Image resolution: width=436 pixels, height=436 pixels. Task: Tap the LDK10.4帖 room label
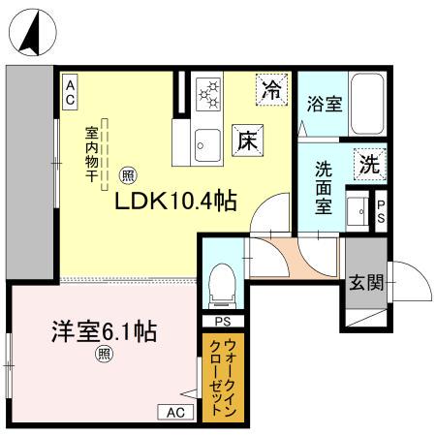(177, 201)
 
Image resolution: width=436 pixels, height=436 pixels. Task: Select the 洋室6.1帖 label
(105, 330)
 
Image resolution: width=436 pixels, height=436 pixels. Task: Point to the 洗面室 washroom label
(323, 185)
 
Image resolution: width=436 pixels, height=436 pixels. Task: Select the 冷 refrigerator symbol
(273, 91)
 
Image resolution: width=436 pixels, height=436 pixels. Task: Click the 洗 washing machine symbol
(368, 164)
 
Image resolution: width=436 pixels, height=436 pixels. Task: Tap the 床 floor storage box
(244, 139)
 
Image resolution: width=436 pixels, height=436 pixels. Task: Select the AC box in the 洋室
(175, 412)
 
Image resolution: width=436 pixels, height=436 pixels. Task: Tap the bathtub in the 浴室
(367, 102)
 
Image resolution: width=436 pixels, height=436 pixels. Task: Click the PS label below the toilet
(222, 322)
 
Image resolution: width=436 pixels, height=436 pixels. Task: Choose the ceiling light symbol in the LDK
(128, 176)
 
